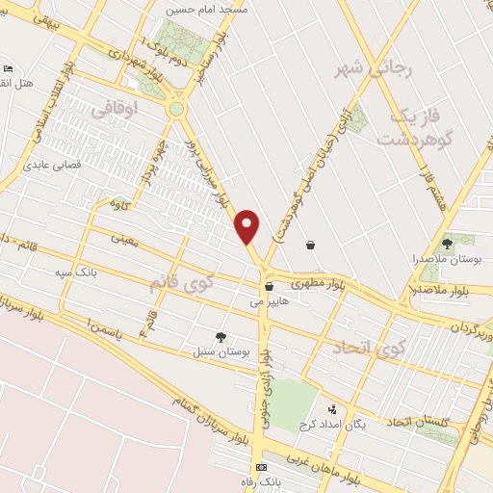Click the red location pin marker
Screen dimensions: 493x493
pos(248,227)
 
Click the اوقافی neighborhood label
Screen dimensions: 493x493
pos(115,111)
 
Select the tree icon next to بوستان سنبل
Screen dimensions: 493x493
pos(221,337)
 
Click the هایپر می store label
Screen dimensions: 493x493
pos(269,301)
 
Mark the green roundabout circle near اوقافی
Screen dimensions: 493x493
pos(176,109)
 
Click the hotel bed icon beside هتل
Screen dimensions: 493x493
pos(8,68)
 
